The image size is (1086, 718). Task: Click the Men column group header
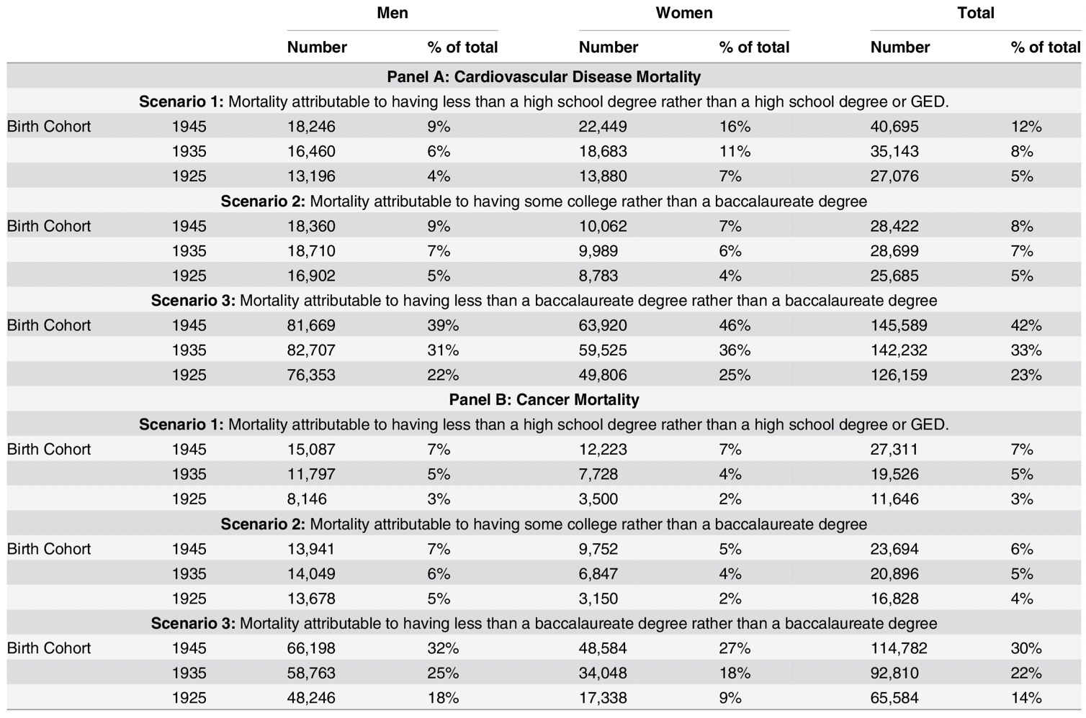392,13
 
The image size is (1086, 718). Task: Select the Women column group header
684,13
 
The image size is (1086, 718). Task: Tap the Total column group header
976,13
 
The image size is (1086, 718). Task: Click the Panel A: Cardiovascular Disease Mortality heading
544,76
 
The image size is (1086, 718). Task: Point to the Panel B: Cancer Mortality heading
544,400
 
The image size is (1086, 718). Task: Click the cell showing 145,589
898,325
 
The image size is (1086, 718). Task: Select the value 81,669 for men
311,325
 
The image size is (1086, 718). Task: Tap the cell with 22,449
603,127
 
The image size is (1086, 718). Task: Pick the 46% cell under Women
735,325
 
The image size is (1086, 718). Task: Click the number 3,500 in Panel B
598,499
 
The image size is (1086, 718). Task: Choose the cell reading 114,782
898,648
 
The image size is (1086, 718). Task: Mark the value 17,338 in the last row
603,698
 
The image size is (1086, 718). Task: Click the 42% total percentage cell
1026,325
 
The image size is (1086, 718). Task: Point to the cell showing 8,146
306,499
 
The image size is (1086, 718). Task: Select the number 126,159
898,375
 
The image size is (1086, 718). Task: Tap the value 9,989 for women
598,251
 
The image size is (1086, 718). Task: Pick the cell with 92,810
894,673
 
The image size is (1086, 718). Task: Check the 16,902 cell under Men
311,276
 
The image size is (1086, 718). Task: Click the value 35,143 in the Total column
894,151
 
